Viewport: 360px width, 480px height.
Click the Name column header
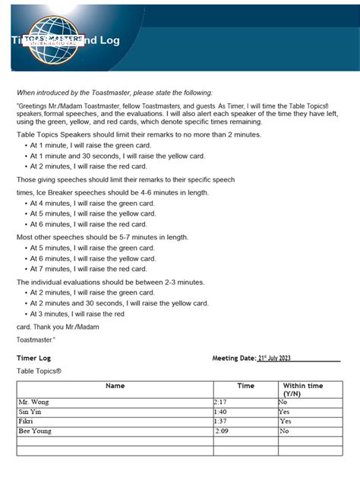115,386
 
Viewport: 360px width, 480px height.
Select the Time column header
245,386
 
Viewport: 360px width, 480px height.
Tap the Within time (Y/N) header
303,390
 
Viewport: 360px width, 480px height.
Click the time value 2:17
221,402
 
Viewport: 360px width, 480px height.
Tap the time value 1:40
221,412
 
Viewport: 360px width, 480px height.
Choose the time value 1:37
221,421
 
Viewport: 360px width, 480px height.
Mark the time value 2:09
222,431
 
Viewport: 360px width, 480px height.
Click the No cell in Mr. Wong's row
283,402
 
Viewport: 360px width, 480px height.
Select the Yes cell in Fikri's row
286,421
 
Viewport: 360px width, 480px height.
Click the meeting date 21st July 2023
274,358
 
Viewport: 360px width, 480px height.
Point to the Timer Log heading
33,357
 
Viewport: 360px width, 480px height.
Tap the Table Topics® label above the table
39,371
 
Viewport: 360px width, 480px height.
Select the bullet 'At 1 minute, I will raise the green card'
91,144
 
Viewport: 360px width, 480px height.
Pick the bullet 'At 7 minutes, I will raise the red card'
88,269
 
